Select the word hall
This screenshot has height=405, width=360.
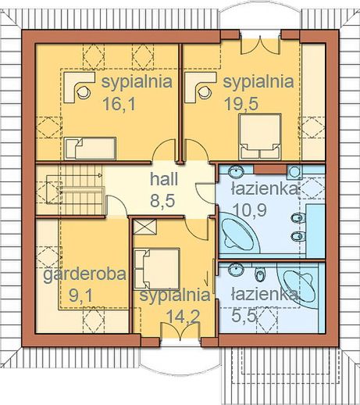coord(165,179)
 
